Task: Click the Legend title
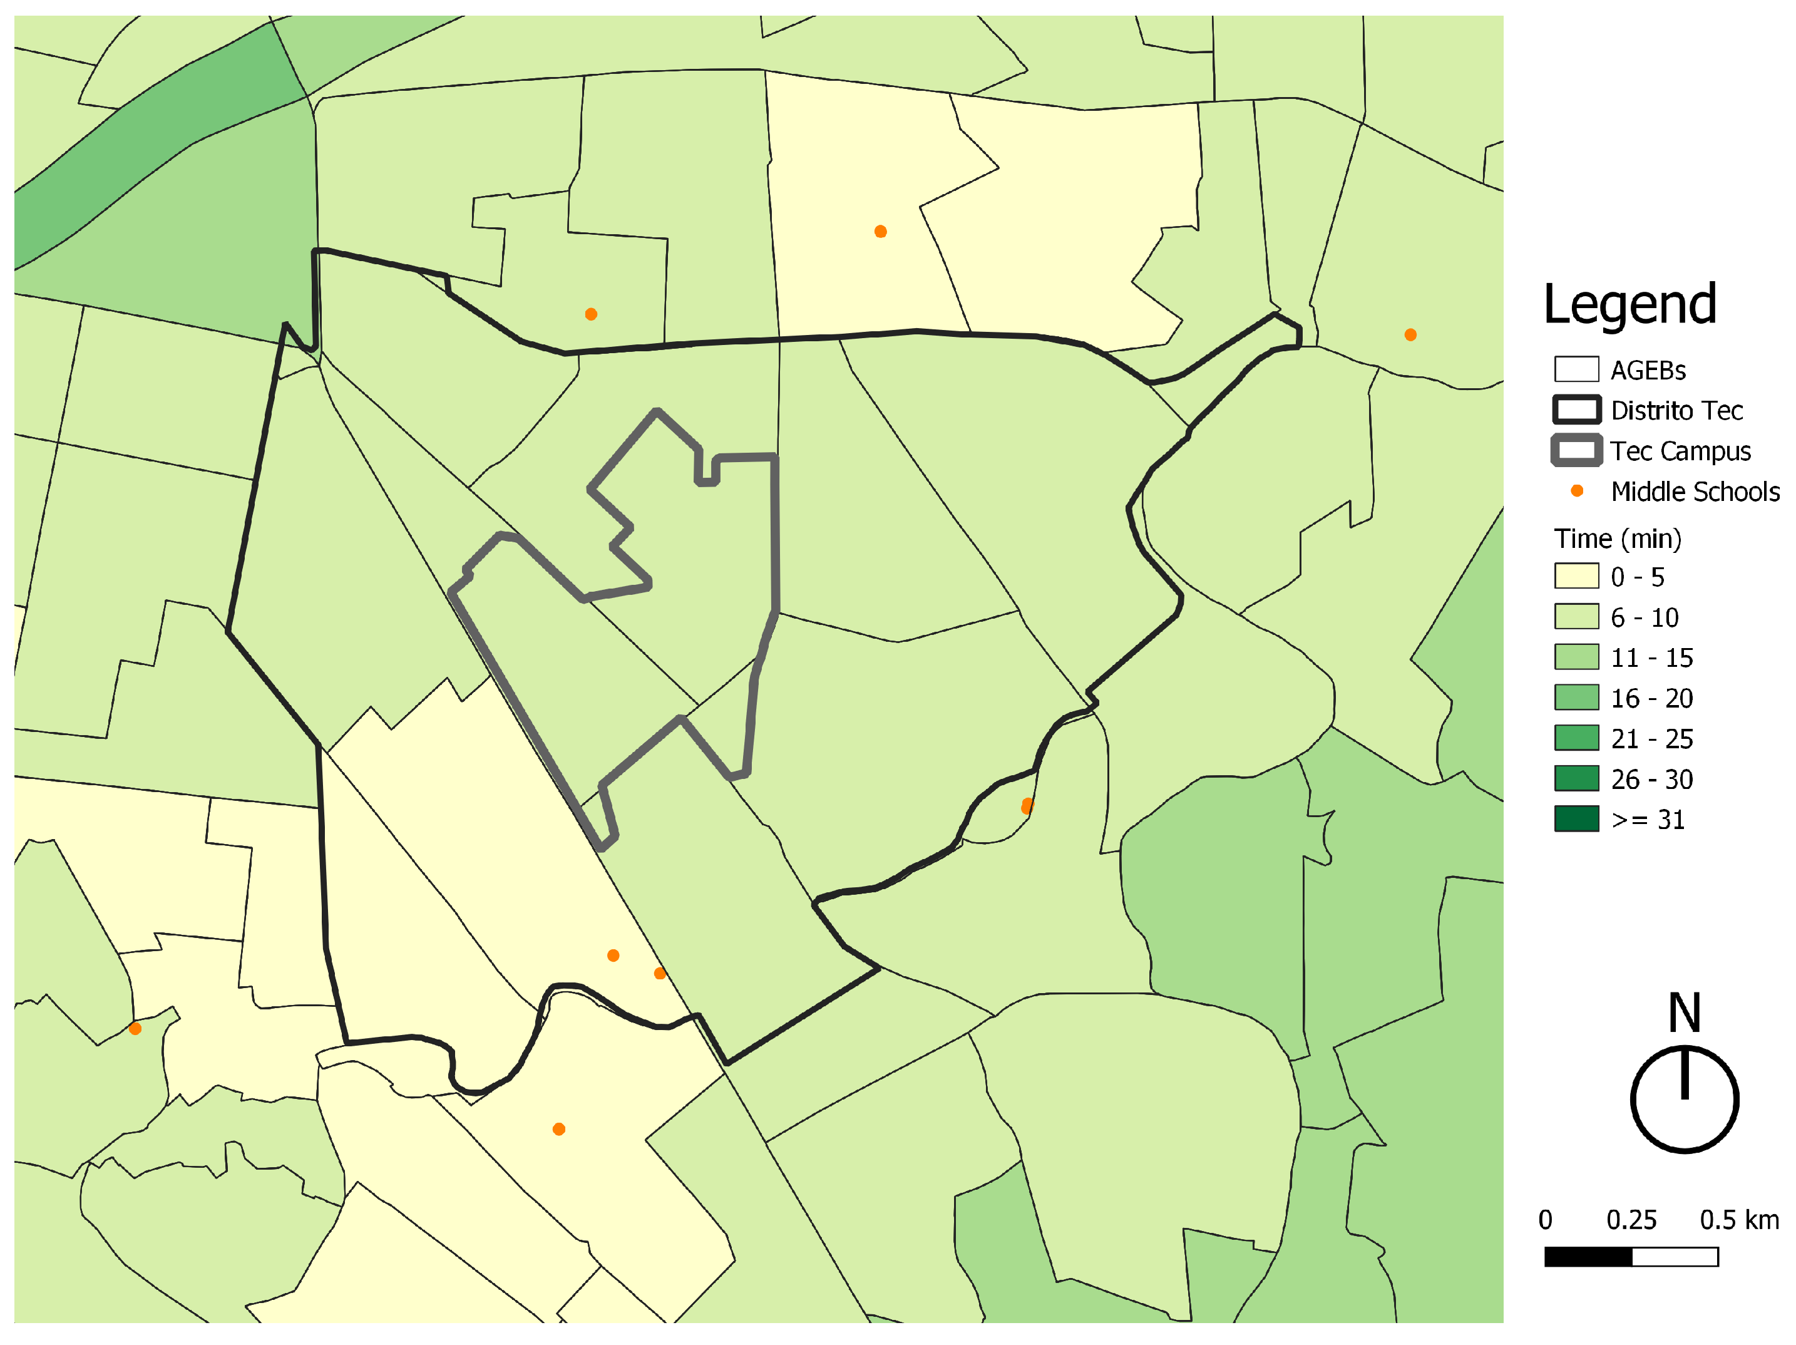[x=1629, y=304]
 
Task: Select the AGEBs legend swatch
[x=1576, y=369]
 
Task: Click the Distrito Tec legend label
[x=1676, y=410]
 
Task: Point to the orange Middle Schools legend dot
[x=1577, y=490]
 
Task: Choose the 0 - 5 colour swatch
[x=1576, y=576]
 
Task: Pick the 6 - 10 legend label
[x=1644, y=617]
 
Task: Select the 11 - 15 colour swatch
[x=1576, y=656]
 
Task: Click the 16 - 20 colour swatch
[x=1576, y=697]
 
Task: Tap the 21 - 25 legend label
[x=1651, y=738]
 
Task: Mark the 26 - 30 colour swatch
[x=1576, y=778]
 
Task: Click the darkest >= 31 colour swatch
[x=1576, y=818]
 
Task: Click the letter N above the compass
[x=1684, y=1013]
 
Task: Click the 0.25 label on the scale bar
[x=1631, y=1220]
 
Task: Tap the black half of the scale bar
[x=1588, y=1257]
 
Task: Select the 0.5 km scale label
[x=1738, y=1220]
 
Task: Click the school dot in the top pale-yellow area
[x=880, y=232]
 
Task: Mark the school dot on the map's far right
[x=1410, y=334]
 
